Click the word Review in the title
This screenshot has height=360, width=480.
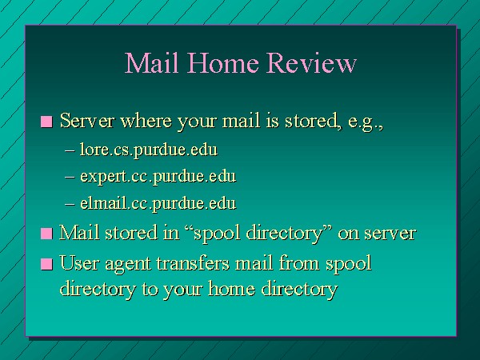[311, 62]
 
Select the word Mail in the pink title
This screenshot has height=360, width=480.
[151, 62]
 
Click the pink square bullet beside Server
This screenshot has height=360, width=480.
[46, 122]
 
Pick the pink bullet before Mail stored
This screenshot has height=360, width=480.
[46, 234]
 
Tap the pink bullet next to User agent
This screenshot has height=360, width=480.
[46, 264]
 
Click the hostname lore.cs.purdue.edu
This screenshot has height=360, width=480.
[149, 150]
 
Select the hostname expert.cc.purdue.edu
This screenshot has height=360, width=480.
[158, 177]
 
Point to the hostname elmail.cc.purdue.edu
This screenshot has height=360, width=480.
[158, 203]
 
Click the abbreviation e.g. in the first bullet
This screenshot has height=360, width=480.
[366, 122]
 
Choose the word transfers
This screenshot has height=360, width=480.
[193, 263]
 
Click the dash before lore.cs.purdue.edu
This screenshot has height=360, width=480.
[70, 150]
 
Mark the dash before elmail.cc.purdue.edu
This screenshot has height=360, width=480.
[70, 204]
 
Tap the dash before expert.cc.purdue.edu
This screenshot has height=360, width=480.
[70, 178]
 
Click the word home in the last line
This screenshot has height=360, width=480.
[231, 288]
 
